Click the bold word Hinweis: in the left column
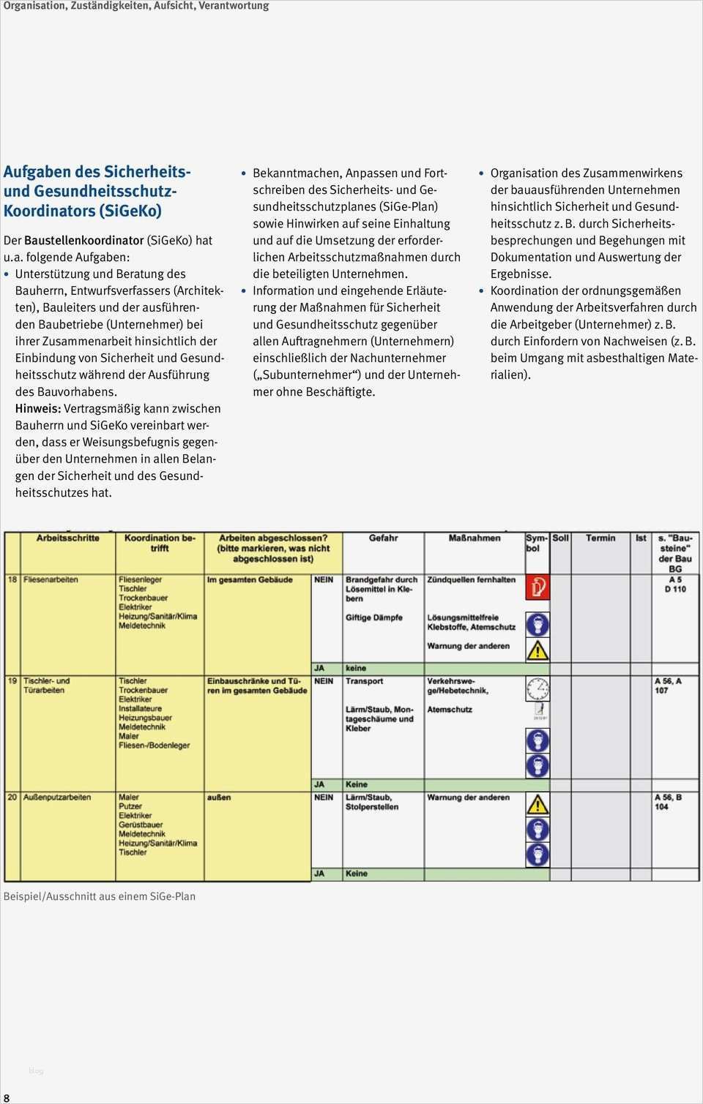[38, 409]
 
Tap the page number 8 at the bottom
[7, 1097]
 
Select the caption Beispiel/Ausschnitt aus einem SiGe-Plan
[100, 896]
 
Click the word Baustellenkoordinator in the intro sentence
[83, 240]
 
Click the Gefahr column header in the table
[383, 538]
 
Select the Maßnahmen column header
[474, 538]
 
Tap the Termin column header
[600, 538]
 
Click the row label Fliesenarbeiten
[51, 579]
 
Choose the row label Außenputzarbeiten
[57, 797]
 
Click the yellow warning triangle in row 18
[538, 650]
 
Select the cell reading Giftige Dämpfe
[373, 617]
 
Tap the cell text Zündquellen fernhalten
[471, 579]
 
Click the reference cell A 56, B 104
[667, 802]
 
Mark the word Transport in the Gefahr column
[364, 681]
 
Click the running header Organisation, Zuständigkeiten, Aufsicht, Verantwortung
[136, 6]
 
